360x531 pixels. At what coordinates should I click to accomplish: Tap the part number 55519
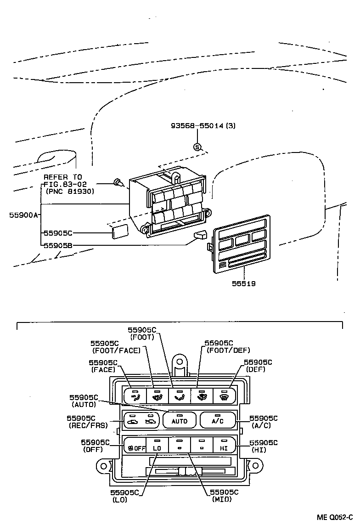tap(243, 283)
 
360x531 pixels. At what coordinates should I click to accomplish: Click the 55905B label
tap(58, 245)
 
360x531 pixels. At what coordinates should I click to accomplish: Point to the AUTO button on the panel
tap(180, 420)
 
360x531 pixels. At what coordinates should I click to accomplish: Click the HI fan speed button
tap(224, 447)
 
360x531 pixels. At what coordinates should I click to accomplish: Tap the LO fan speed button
tap(157, 447)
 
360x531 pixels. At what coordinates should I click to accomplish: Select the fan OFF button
tap(135, 447)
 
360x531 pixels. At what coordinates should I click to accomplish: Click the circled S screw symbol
tap(197, 147)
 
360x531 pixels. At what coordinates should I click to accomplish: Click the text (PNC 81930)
tap(70, 191)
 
